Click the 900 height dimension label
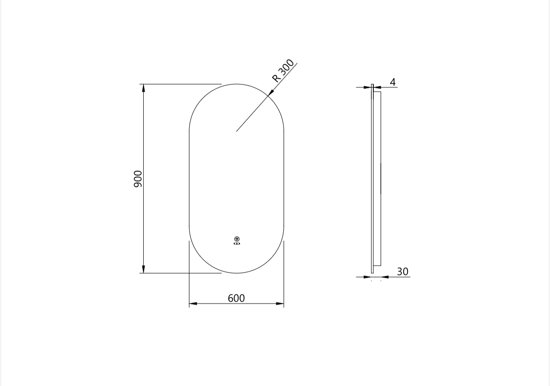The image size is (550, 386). pyautogui.click(x=138, y=179)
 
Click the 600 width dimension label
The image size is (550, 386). pyautogui.click(x=236, y=298)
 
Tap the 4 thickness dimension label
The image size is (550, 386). pyautogui.click(x=392, y=82)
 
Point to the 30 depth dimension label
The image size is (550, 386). pyautogui.click(x=402, y=271)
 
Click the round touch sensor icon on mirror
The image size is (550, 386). pyautogui.click(x=237, y=239)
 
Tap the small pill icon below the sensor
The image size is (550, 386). pyautogui.click(x=237, y=244)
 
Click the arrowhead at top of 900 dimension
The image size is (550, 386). pyautogui.click(x=144, y=87)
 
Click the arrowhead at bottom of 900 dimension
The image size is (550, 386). pyautogui.click(x=144, y=270)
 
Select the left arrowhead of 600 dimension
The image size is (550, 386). pyautogui.click(x=192, y=304)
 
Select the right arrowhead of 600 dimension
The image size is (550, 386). pyautogui.click(x=280, y=304)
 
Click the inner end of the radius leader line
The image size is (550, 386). pyautogui.click(x=237, y=131)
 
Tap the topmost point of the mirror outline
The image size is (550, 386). pyautogui.click(x=237, y=84)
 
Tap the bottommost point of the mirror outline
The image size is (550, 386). pyautogui.click(x=237, y=273)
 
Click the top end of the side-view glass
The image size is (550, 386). pyautogui.click(x=372, y=85)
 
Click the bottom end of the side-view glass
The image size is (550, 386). pyautogui.click(x=372, y=273)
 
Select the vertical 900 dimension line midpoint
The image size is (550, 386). pyautogui.click(x=144, y=179)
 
